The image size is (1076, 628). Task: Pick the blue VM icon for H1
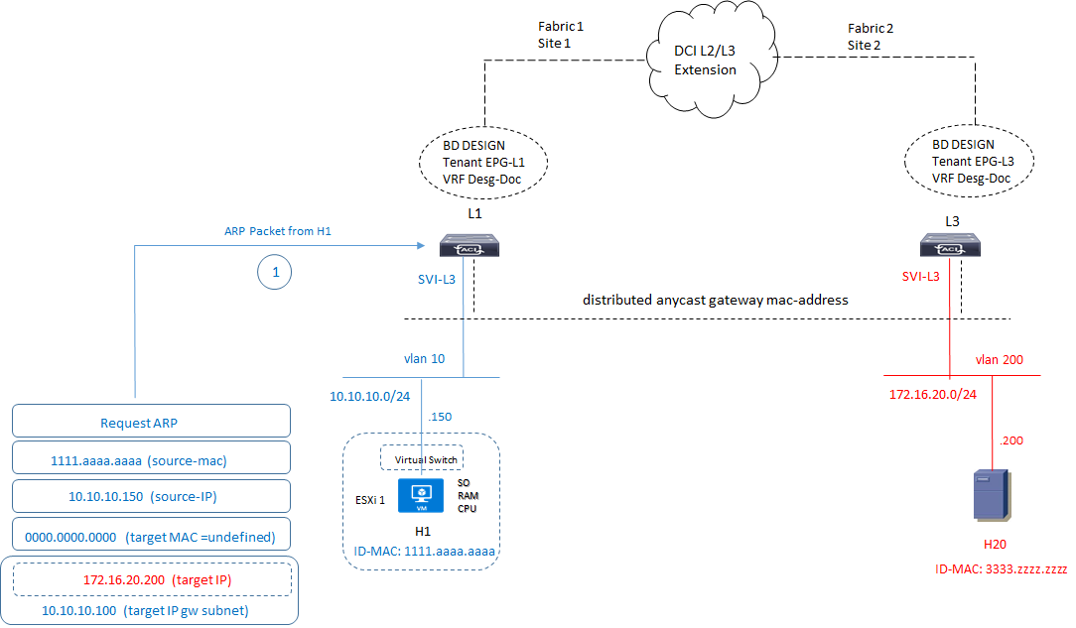(x=422, y=496)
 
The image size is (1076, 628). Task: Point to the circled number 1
(x=276, y=272)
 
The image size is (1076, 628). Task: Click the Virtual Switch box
(x=423, y=459)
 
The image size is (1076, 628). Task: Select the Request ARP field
(x=151, y=422)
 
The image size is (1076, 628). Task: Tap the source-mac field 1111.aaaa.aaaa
(x=151, y=459)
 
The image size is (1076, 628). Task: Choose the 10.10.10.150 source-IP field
(x=151, y=497)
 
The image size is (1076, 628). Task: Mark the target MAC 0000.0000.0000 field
(x=151, y=536)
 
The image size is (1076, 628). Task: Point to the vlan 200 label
(x=1000, y=359)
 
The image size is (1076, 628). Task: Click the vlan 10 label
(x=424, y=358)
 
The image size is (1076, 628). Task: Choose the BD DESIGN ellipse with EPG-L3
(x=970, y=162)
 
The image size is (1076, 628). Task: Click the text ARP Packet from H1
(x=277, y=231)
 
